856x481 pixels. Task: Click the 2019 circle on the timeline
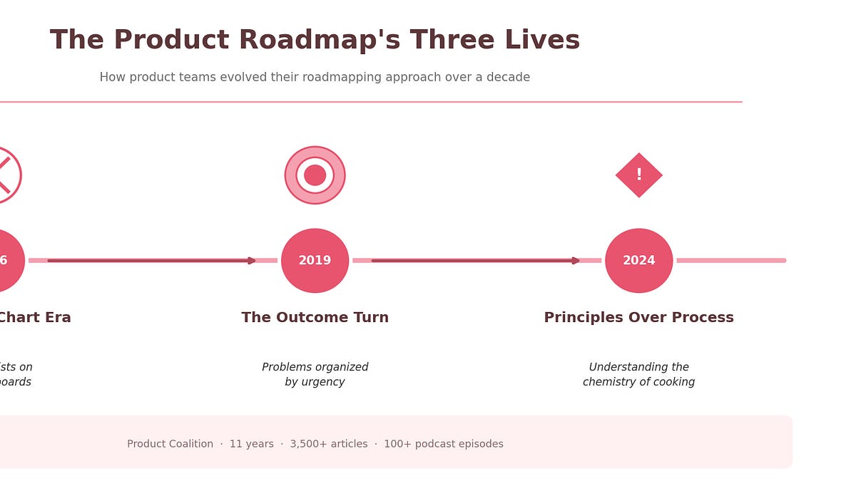pos(315,261)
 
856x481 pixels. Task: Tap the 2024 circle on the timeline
pos(638,261)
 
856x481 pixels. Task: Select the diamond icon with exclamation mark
pos(638,175)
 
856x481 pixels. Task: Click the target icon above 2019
pos(315,175)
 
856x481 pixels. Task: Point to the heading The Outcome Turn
pos(315,318)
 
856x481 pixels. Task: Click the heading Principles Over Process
pos(638,318)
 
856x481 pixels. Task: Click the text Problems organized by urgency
pos(315,375)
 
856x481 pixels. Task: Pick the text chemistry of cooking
pos(638,383)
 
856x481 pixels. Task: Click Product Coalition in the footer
pos(170,444)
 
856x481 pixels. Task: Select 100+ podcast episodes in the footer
pos(443,444)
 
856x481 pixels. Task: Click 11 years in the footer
pos(251,444)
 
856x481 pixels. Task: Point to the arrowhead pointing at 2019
pos(252,261)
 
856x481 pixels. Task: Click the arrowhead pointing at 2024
pos(576,261)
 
